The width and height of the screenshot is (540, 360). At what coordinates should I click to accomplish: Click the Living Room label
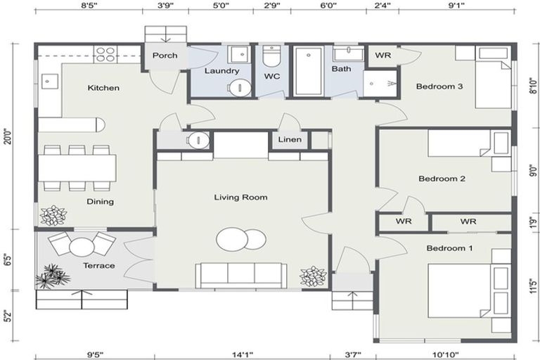pos(240,198)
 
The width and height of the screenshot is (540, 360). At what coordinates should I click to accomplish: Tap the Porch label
pos(165,56)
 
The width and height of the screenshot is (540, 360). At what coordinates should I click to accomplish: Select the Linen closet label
pos(290,140)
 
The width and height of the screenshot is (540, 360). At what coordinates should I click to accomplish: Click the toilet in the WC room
pos(271,56)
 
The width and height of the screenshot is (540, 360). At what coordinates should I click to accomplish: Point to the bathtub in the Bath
pos(308,71)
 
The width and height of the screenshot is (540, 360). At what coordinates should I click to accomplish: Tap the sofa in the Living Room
pos(240,274)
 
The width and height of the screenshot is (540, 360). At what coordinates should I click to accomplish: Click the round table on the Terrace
pos(82,247)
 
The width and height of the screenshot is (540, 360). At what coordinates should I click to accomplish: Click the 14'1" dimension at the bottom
pos(241,354)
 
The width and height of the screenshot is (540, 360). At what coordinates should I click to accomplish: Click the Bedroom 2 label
pos(442,179)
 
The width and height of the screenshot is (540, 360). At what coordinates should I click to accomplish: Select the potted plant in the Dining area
pos(53,215)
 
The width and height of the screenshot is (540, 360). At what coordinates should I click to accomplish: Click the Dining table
pos(77,167)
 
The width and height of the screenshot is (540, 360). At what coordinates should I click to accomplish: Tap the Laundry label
pos(221,71)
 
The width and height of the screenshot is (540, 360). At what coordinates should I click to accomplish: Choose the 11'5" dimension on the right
pos(534,289)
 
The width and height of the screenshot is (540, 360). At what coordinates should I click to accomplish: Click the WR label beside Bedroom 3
pos(382,56)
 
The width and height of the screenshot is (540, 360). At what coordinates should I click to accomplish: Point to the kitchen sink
pos(49,82)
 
